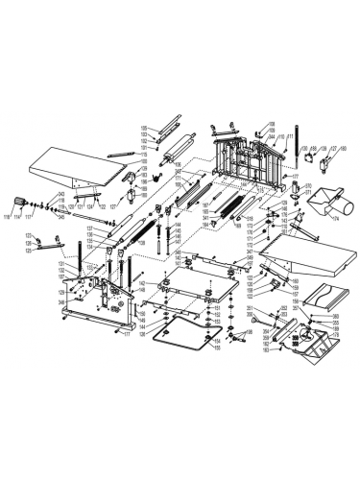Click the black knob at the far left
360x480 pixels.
point(18,200)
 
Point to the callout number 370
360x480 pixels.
point(309,184)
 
